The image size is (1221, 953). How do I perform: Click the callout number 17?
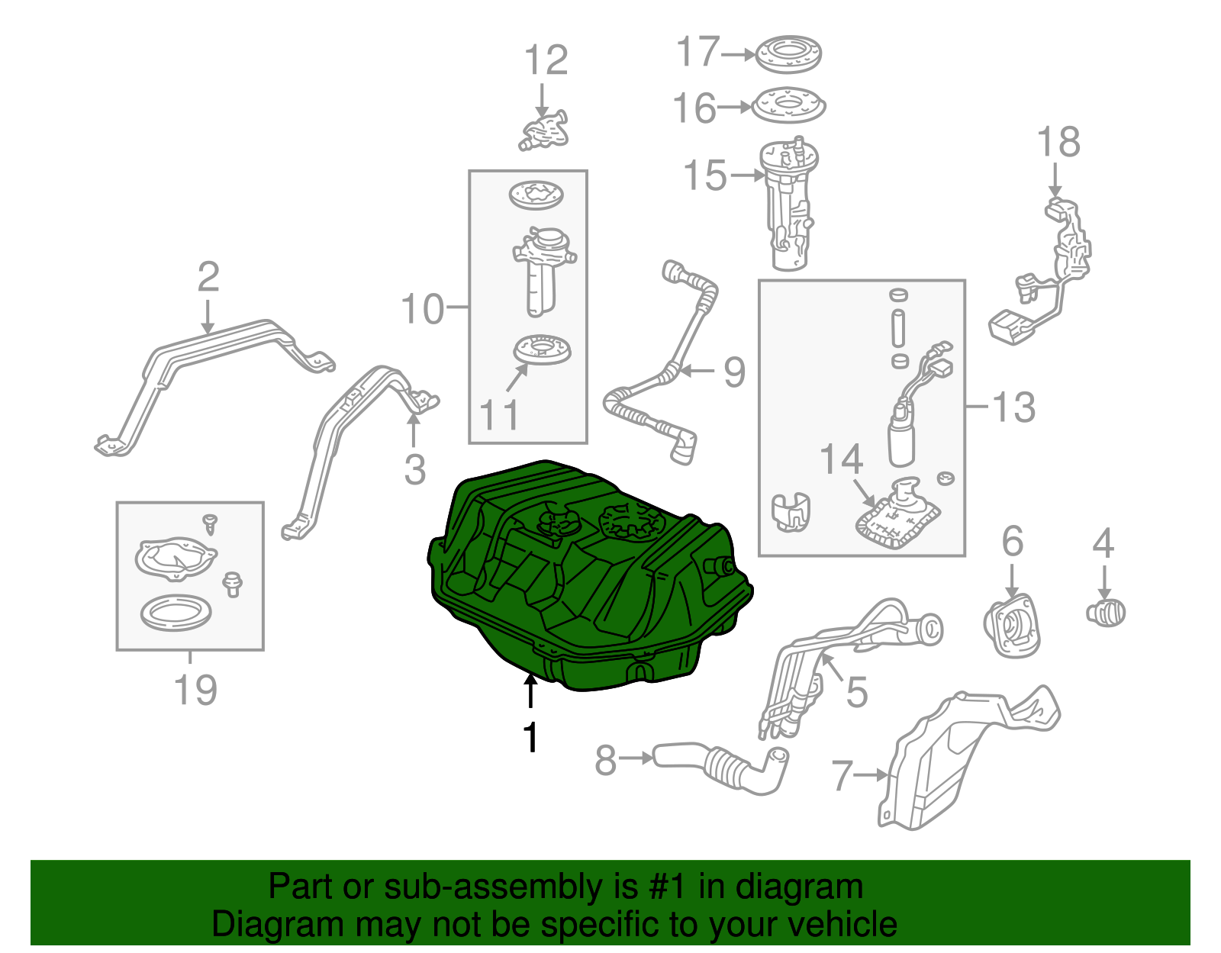point(697,52)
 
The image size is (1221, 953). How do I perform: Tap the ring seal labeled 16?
point(789,106)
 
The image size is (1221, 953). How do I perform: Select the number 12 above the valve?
point(546,60)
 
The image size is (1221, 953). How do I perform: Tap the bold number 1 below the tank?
point(530,738)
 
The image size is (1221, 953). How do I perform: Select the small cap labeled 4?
point(1106,611)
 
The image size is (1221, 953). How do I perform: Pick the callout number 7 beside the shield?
point(840,775)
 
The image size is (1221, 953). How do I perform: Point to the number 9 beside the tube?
point(733,372)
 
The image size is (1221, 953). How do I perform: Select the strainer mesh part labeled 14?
point(894,522)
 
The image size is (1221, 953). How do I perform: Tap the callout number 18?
point(1058,143)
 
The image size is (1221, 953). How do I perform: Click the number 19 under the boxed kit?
point(195,689)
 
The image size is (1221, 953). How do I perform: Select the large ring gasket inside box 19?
point(176,613)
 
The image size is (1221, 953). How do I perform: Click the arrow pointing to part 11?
point(517,378)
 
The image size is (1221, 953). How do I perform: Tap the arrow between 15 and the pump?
point(747,175)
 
